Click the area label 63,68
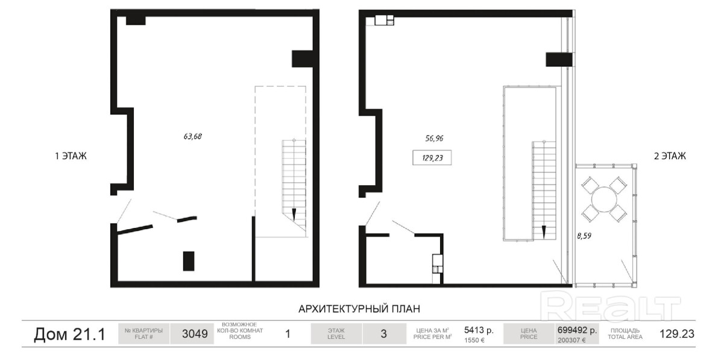coord(193,136)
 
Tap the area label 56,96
coord(434,137)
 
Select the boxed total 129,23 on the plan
coord(432,158)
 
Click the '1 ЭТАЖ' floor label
coord(71,156)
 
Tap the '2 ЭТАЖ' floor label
coord(670,156)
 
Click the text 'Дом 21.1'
coord(69,334)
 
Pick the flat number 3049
coord(195,334)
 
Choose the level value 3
coord(384,334)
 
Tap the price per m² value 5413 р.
coord(479,330)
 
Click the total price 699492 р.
coord(577,330)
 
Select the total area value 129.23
coord(677,334)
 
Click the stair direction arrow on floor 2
coord(544,232)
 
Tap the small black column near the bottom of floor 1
coord(188,261)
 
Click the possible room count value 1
coord(288,334)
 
